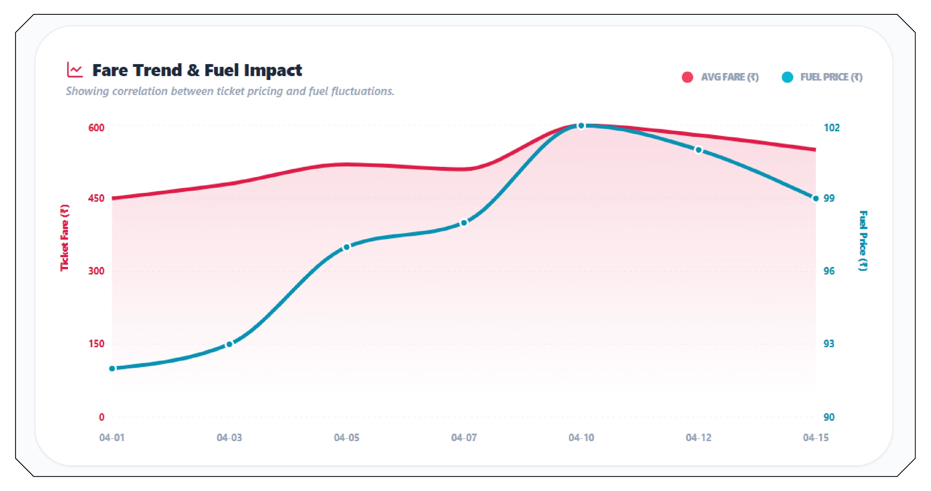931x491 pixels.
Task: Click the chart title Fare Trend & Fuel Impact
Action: [197, 70]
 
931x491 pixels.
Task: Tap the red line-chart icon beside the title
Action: [75, 70]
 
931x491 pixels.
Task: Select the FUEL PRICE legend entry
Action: [821, 77]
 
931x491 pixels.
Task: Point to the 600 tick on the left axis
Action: [96, 128]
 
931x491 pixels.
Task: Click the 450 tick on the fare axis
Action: [96, 198]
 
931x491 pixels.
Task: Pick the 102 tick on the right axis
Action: [831, 128]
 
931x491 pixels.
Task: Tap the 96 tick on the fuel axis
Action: [829, 271]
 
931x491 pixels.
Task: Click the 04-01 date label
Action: [112, 438]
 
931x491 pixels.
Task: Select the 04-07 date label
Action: [464, 438]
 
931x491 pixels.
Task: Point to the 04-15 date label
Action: [816, 438]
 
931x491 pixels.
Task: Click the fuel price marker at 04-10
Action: [581, 126]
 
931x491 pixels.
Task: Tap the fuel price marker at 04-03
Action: [229, 344]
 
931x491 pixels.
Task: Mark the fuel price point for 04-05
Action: [346, 247]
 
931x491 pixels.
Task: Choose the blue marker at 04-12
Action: [699, 150]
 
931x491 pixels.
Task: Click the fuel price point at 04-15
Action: [816, 198]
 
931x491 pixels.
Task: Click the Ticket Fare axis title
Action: [65, 238]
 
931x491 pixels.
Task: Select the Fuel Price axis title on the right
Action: [863, 240]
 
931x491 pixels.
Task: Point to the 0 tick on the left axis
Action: [101, 417]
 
